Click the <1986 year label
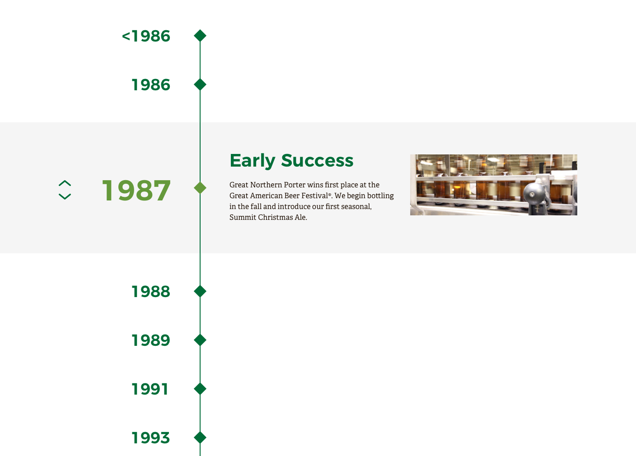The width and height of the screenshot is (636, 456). point(146,36)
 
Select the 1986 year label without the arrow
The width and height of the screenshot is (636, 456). point(151,85)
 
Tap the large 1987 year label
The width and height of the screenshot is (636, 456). point(136,191)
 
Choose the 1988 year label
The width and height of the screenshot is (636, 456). point(151,291)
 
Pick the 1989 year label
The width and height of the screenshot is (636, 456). point(151,340)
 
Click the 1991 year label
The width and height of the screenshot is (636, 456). point(150,389)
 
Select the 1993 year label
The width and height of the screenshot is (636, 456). point(151,438)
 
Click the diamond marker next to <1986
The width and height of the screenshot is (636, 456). point(200,36)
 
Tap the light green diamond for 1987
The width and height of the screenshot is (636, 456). point(200,188)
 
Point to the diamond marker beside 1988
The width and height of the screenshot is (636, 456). point(200,291)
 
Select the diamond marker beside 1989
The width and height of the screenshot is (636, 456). point(200,340)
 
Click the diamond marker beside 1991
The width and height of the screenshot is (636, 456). point(200,389)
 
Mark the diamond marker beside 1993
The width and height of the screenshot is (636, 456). point(200,437)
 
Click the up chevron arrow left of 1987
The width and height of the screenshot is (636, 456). point(65,183)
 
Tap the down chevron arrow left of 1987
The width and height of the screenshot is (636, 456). point(65,196)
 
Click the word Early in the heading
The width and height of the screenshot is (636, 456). point(253,161)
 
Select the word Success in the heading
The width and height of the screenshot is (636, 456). point(318,161)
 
